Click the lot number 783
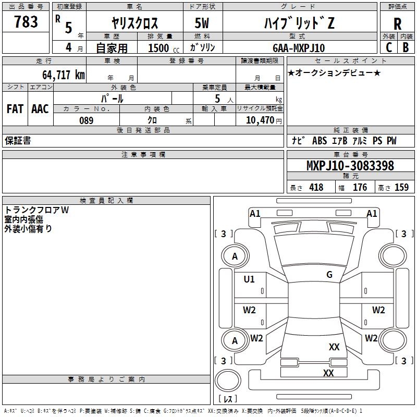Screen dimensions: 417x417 [26, 21]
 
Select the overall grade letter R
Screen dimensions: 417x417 [397, 24]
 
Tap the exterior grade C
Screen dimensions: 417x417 [389, 47]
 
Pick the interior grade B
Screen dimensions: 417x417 [406, 47]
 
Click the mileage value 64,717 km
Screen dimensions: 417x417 [64, 75]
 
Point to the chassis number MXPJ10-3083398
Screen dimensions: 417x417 [350, 166]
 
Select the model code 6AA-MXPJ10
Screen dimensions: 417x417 [299, 48]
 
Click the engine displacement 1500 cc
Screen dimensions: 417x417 [164, 48]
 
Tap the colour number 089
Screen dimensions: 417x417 [87, 120]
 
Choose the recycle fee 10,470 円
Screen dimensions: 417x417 [264, 120]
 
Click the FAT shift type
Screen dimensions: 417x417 [15, 109]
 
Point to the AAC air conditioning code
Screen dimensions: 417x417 [40, 109]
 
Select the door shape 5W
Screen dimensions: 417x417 [202, 23]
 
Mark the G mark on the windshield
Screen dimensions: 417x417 [329, 275]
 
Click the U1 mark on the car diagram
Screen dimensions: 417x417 [249, 279]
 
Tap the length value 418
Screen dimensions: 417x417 [316, 187]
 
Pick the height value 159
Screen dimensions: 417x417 [401, 187]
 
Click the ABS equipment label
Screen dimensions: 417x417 [320, 141]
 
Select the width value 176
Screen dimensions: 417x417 [360, 187]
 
